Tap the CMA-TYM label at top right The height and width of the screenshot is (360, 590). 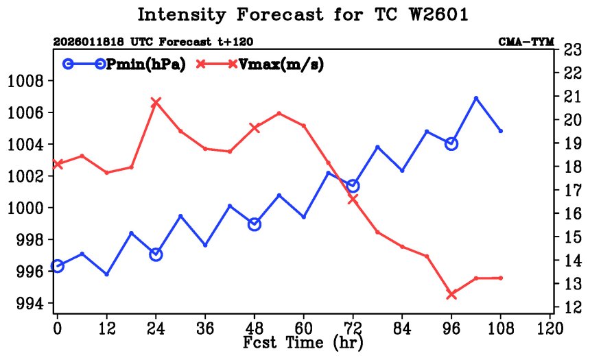526,41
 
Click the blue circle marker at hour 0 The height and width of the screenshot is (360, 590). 58,266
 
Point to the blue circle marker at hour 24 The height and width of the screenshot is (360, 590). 156,254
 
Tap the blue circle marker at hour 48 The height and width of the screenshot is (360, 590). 255,224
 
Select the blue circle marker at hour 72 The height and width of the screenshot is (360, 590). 353,186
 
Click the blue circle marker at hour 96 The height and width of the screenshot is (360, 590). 451,143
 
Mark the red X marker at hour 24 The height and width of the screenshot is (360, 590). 156,102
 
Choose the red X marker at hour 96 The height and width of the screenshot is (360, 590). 451,294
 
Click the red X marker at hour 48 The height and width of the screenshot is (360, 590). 255,128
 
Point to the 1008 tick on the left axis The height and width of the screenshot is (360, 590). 25,82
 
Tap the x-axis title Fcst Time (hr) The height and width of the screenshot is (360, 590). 303,341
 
